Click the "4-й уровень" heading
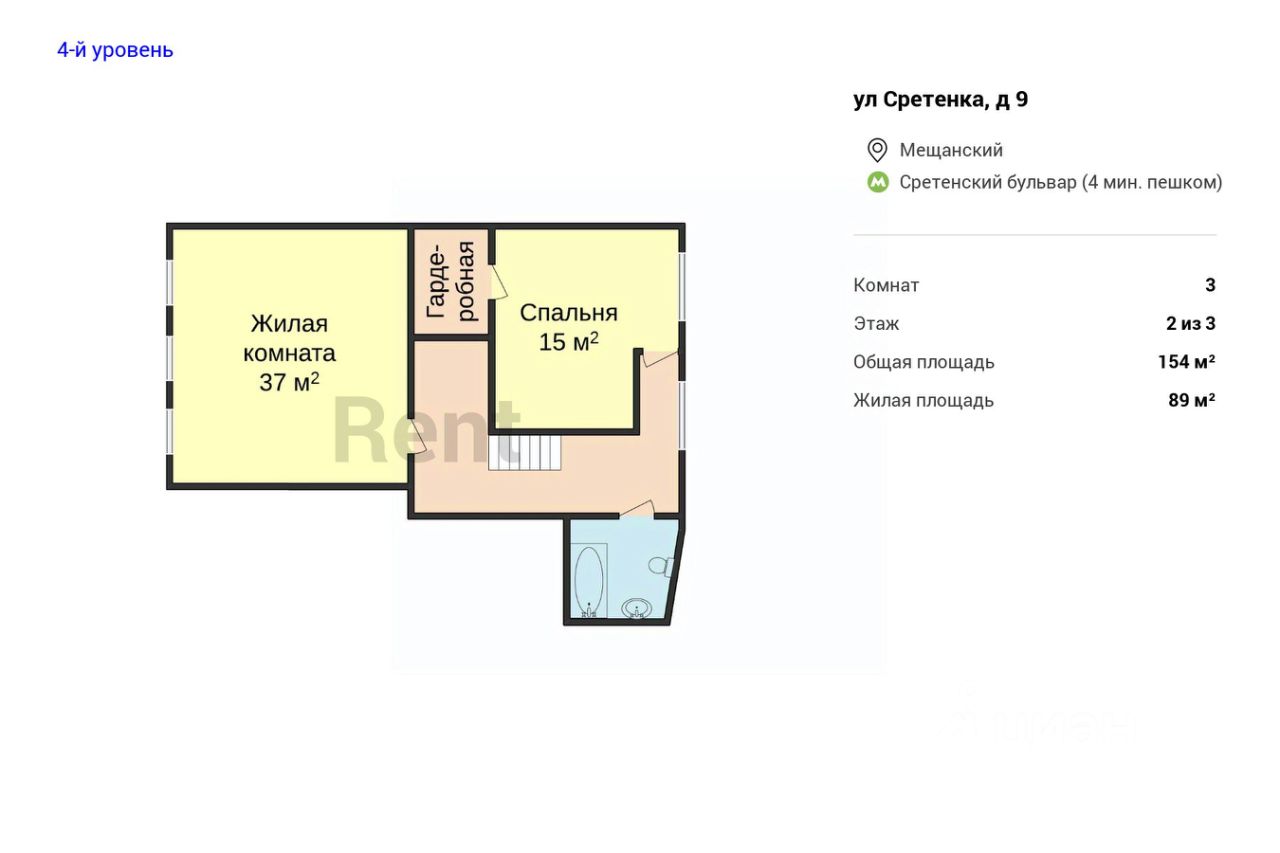115,50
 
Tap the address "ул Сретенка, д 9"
941,99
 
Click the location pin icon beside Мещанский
877,150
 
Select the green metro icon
878,182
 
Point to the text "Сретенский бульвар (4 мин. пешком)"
1061,182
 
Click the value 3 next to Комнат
1210,285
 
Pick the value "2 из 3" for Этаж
1191,323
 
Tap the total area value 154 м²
1186,362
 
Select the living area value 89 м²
1191,400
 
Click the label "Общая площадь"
923,362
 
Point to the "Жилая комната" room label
289,338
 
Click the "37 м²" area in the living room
289,382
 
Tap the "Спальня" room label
569,313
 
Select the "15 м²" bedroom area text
569,342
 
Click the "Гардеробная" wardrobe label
451,281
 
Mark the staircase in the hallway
525,453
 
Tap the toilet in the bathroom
661,566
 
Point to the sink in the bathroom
636,608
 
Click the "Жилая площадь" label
923,401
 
